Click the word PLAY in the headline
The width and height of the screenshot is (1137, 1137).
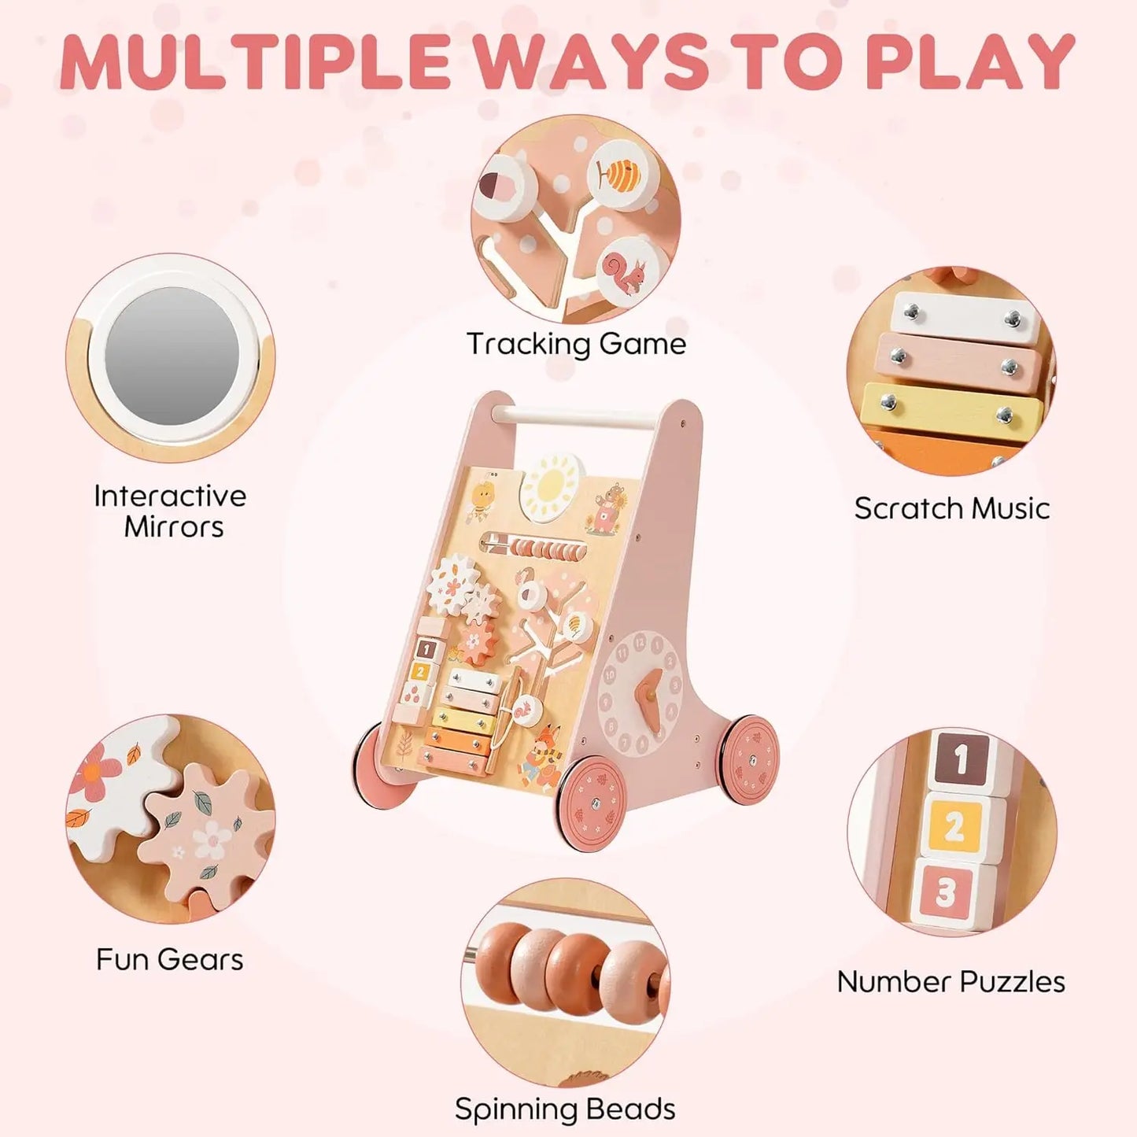click(969, 61)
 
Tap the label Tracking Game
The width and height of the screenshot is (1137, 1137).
click(576, 344)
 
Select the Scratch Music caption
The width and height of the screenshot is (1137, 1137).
click(951, 508)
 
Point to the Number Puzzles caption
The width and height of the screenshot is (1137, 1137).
click(951, 981)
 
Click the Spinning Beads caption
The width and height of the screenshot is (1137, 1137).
click(565, 1109)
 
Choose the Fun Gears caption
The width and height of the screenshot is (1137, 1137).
click(169, 959)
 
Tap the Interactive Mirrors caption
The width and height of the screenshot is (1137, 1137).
click(171, 511)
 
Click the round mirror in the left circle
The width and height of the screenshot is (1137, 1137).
click(172, 356)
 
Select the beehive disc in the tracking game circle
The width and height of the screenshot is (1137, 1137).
click(621, 175)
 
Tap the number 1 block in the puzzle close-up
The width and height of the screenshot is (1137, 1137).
click(961, 760)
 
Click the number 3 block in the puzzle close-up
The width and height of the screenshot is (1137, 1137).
click(947, 892)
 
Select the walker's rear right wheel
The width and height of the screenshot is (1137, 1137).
click(748, 760)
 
